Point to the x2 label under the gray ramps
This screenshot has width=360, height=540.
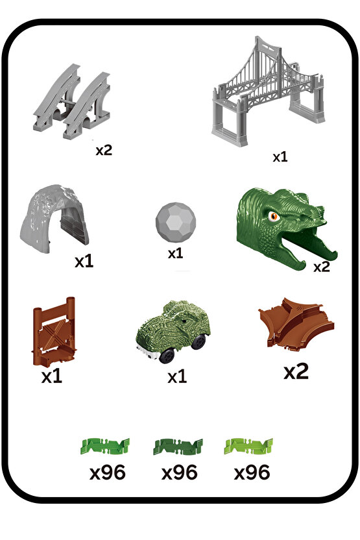[x=104, y=150]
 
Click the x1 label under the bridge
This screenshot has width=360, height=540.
[x=280, y=157]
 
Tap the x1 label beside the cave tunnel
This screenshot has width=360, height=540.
[x=84, y=261]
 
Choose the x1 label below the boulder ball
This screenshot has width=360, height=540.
[x=175, y=254]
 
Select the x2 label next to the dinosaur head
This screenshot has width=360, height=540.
[x=322, y=266]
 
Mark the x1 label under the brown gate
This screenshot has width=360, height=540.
[x=51, y=376]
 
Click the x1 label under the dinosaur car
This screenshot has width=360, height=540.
[x=176, y=377]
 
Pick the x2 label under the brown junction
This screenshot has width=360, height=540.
[x=296, y=371]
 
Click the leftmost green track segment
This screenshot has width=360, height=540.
[x=105, y=447]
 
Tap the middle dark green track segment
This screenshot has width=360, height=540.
[x=178, y=447]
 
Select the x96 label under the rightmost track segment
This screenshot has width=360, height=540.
[x=252, y=472]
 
